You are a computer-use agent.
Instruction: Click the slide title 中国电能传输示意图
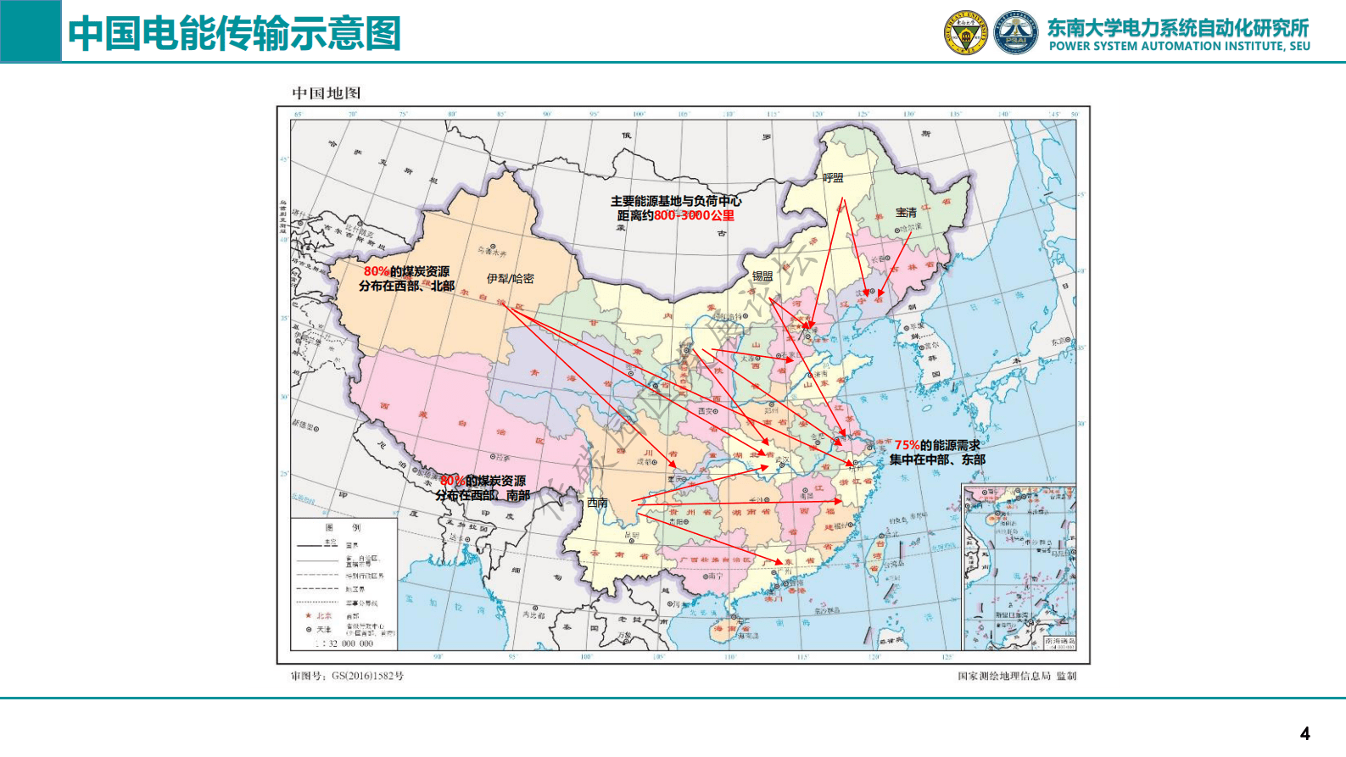pos(234,34)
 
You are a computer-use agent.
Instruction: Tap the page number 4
pos(1304,733)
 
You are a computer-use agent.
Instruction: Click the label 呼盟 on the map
pos(833,178)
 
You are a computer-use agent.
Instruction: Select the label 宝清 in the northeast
pos(906,213)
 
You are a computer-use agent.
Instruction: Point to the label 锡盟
pos(762,276)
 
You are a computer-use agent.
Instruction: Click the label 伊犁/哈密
pos(510,278)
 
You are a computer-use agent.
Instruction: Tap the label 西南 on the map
pos(597,503)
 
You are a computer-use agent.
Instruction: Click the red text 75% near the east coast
pos(907,445)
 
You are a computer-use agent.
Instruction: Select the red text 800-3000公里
pos(694,215)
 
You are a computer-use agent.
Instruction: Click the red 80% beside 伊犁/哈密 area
pos(377,271)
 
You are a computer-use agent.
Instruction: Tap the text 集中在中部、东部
pos(937,459)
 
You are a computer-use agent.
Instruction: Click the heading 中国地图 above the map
pos(327,93)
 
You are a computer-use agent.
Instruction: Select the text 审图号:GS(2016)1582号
pos(347,676)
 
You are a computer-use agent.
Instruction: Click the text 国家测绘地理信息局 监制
pos(1016,676)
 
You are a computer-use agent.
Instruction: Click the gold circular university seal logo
pos(966,33)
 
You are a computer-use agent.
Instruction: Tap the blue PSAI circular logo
pos(1015,33)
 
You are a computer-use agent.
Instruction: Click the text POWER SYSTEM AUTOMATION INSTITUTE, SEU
pos(1179,47)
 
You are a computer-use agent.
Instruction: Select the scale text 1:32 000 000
pos(345,643)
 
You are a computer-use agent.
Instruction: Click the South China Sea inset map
pos(1019,566)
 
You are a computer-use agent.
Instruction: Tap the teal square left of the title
pos(31,31)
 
